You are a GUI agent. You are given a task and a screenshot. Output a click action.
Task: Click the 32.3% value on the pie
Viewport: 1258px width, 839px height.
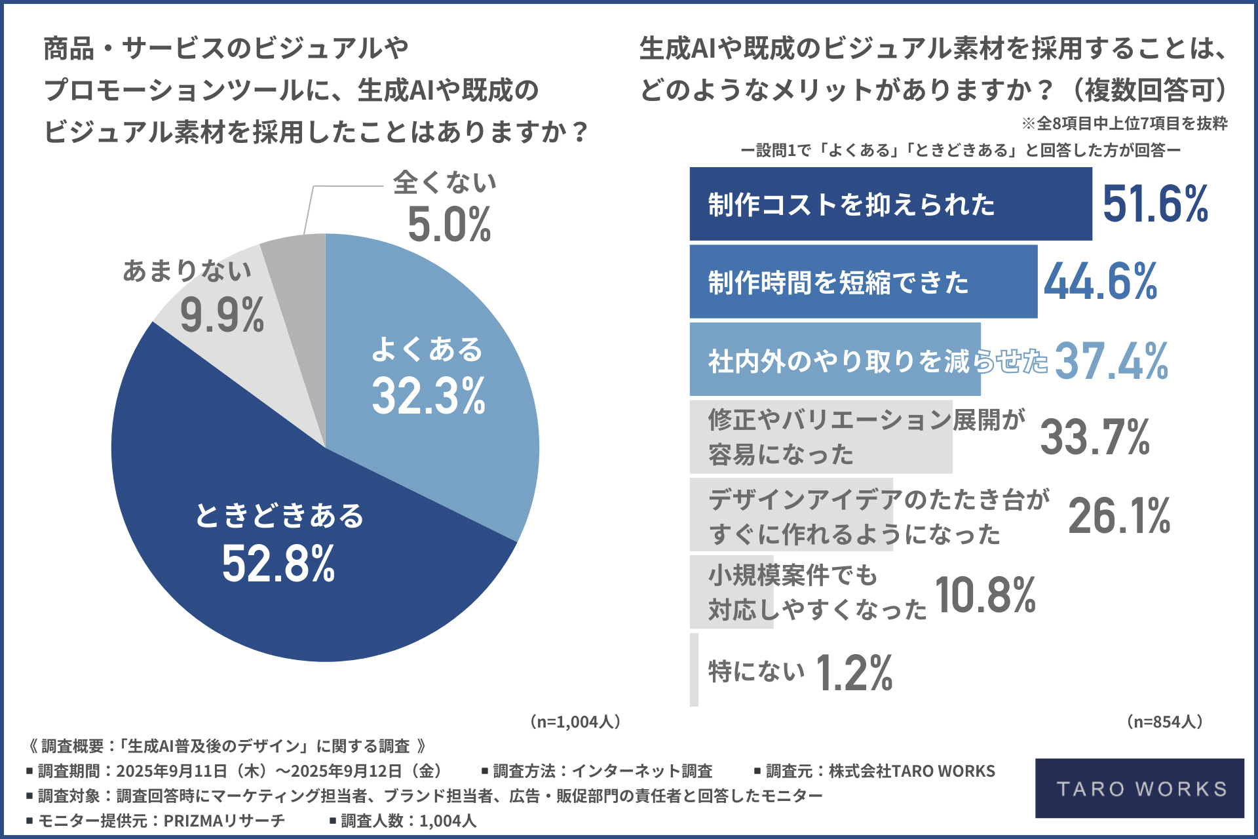point(429,396)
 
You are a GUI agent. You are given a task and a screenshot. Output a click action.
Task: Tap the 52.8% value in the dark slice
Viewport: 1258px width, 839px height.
point(278,564)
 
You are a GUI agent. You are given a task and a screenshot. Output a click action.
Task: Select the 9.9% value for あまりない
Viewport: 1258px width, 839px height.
point(221,316)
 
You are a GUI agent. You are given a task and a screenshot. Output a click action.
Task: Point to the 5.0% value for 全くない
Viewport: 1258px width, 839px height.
point(449,225)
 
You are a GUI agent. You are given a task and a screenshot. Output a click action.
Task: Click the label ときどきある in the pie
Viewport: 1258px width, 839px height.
point(279,515)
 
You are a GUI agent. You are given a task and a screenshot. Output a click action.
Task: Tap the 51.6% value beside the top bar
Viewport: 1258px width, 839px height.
point(1155,204)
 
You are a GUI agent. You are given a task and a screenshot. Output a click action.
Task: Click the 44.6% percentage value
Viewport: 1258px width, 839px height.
point(1101,282)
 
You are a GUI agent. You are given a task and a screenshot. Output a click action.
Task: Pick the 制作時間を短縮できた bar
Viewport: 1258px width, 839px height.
point(863,282)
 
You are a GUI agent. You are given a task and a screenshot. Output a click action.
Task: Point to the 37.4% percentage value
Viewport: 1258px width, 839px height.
point(1111,361)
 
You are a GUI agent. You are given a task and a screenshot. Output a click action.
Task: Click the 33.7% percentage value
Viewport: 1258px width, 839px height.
point(1095,437)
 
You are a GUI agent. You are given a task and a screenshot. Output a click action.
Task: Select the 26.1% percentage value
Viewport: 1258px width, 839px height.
point(1119,516)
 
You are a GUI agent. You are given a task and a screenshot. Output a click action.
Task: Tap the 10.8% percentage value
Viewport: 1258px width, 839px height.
point(985,595)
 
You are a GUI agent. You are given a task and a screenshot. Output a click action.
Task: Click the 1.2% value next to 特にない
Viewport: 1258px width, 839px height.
point(854,673)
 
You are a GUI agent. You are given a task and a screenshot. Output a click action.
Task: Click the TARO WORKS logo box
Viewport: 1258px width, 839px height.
point(1139,788)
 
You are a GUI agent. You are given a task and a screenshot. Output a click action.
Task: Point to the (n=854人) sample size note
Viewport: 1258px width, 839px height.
point(1164,722)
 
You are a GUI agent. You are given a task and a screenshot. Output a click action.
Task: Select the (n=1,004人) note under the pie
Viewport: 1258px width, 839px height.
point(575,722)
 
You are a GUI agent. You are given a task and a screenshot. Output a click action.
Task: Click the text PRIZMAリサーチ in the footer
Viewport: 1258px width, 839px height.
point(224,821)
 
